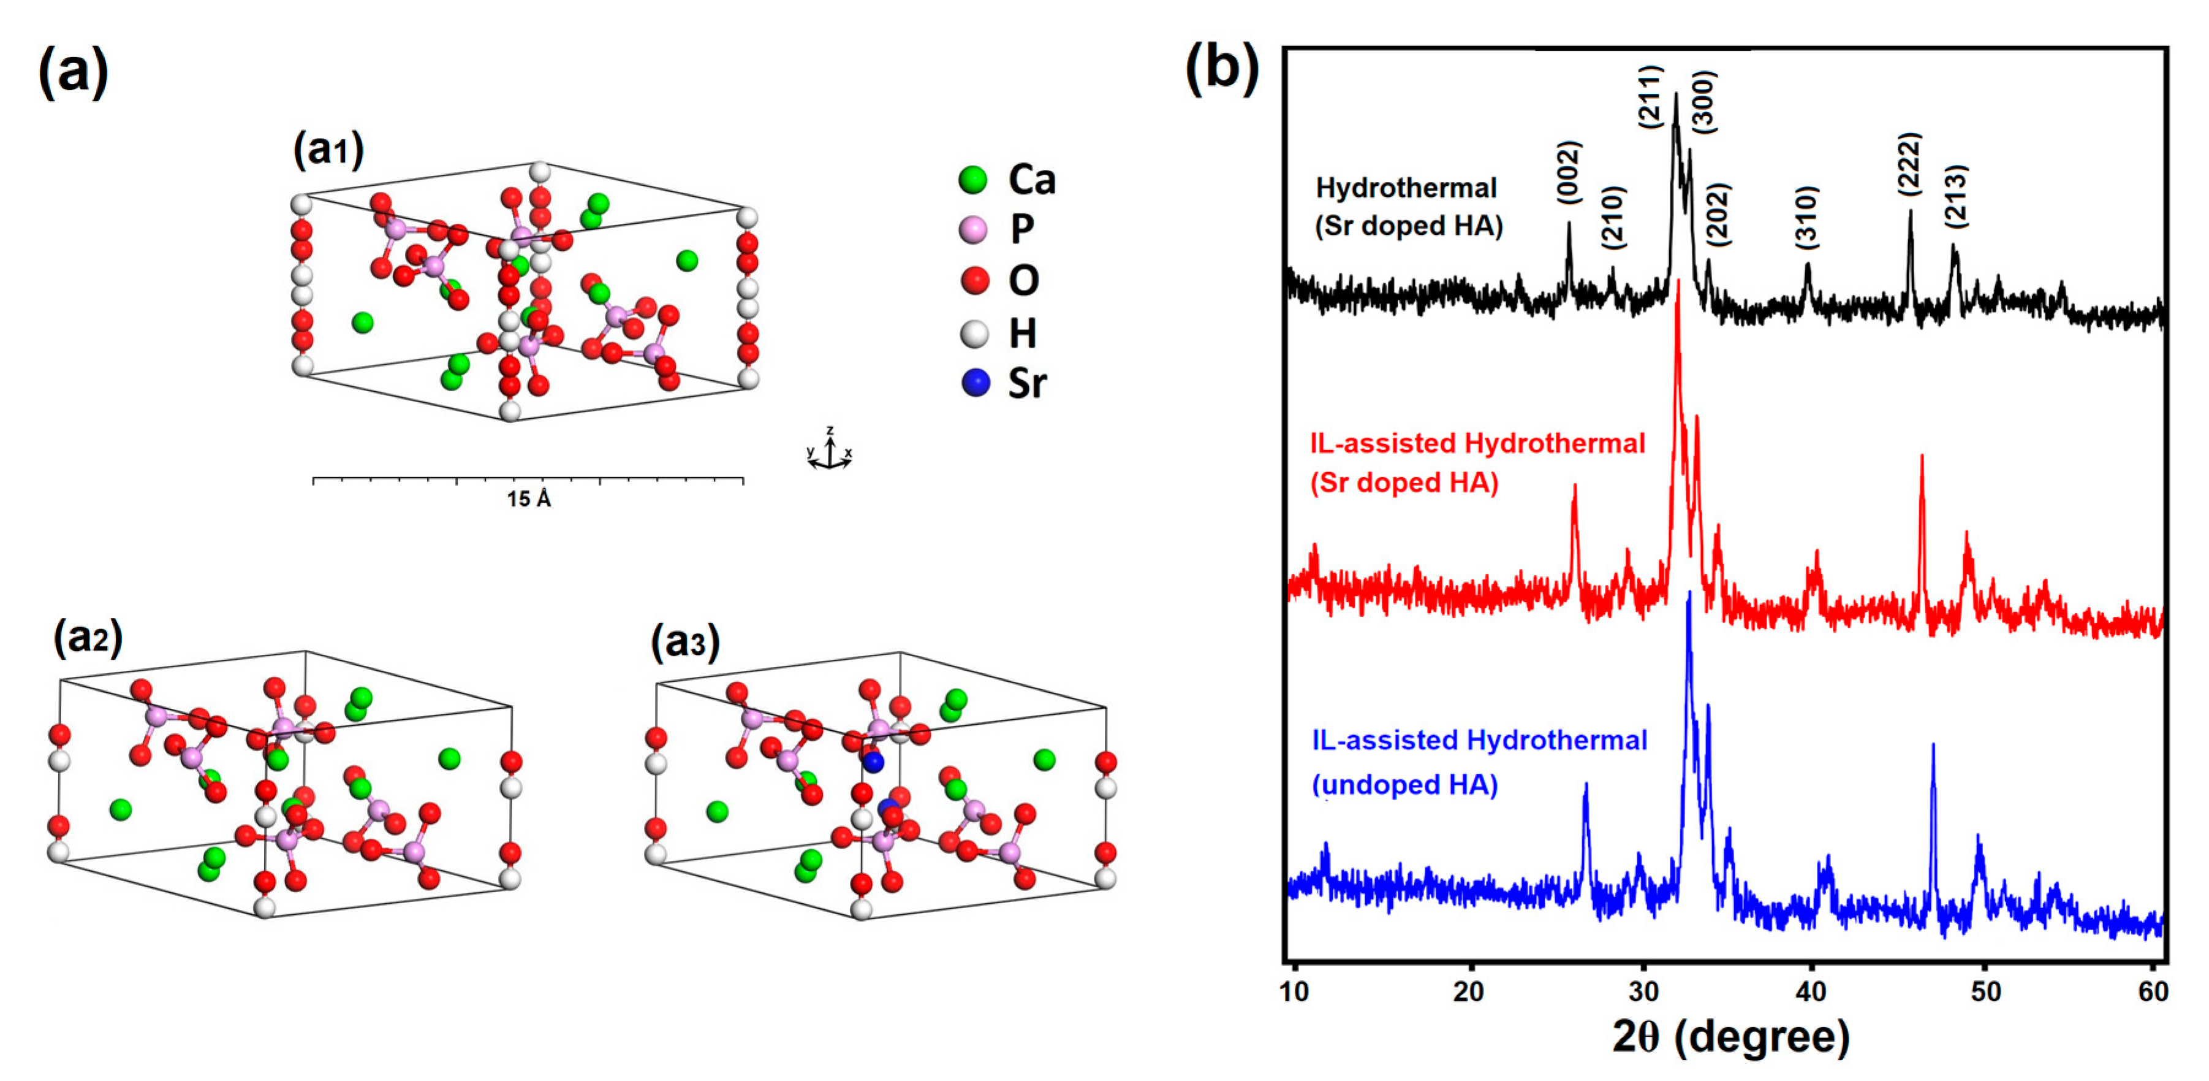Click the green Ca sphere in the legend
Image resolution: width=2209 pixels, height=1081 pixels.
(972, 180)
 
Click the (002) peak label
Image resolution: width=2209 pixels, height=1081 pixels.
(1569, 172)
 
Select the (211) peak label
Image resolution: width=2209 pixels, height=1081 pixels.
(1651, 97)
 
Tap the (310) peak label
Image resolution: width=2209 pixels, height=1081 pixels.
(1807, 217)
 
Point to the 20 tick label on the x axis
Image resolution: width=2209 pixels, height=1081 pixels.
(1469, 991)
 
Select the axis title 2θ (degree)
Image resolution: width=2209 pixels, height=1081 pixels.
(1730, 1036)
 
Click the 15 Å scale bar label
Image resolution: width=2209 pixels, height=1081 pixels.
(528, 499)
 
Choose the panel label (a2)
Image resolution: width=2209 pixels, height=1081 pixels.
(88, 638)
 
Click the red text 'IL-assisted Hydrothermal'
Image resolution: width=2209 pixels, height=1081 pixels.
(1477, 443)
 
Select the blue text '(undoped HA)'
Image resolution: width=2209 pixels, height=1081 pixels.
(1404, 785)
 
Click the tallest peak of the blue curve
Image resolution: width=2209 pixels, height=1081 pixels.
(1689, 594)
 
